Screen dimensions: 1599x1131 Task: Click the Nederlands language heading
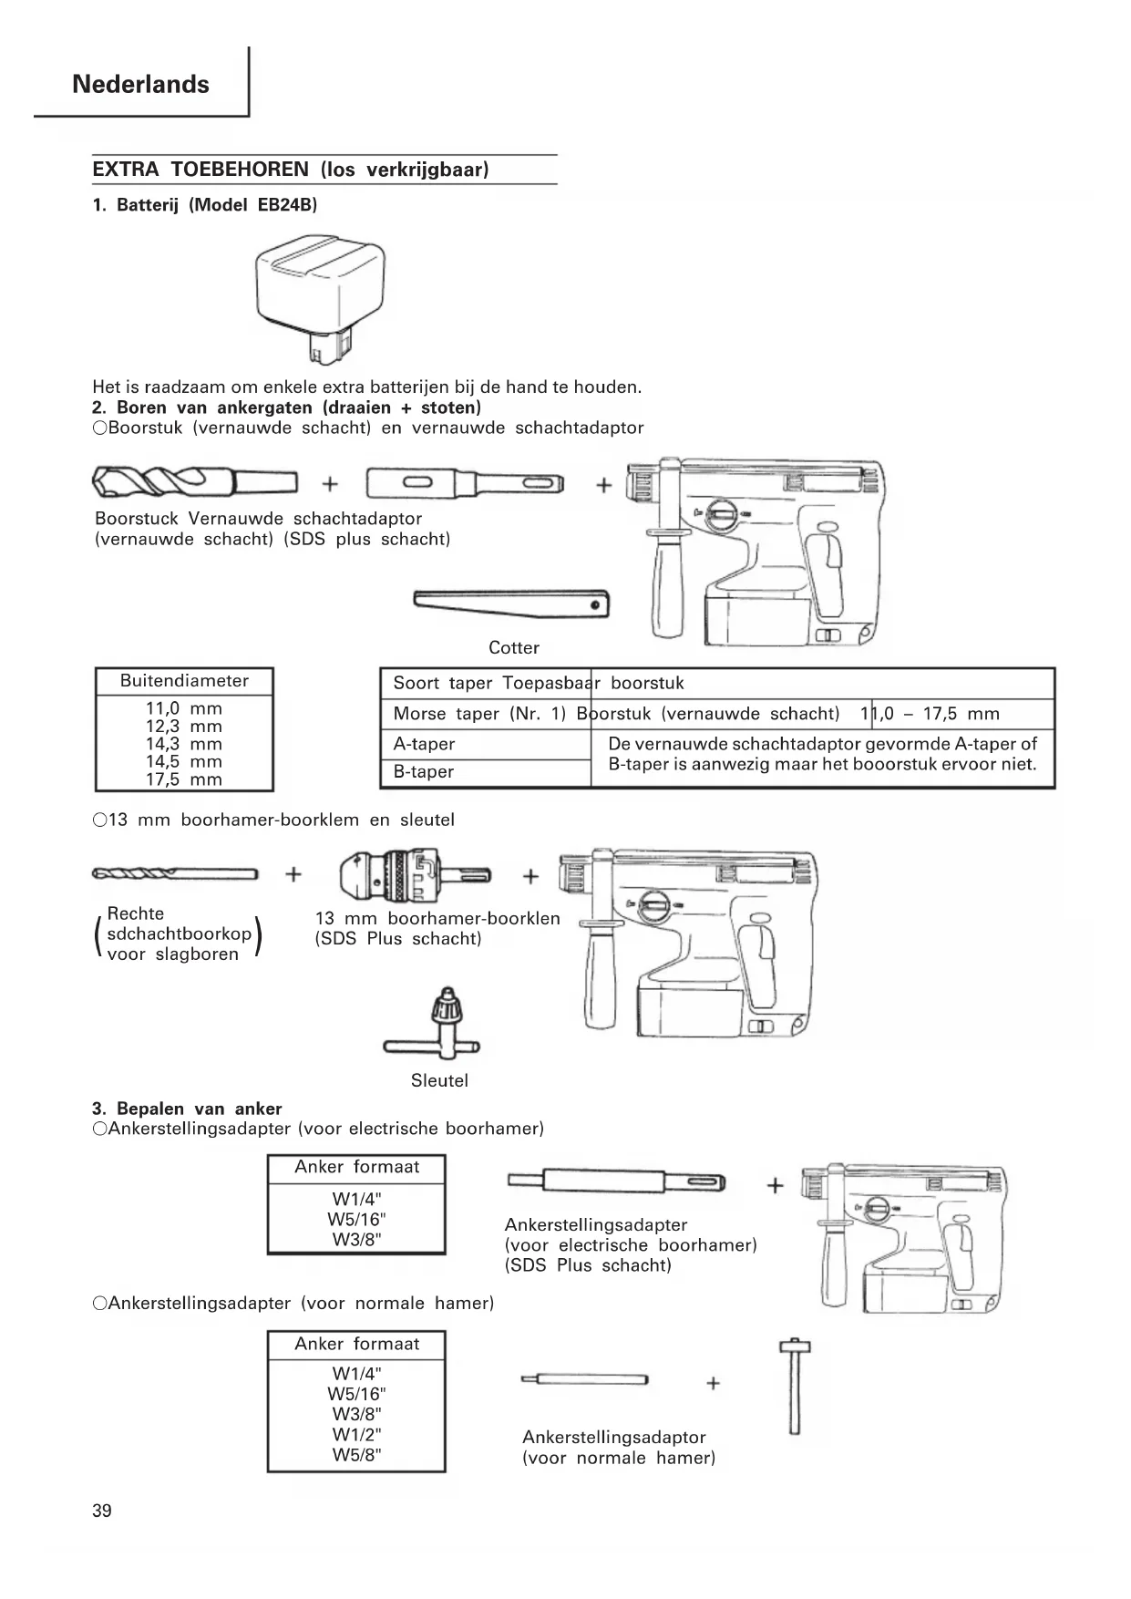[140, 85]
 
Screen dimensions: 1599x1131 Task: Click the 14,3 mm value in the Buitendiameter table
[184, 744]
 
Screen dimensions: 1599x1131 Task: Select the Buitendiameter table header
[184, 681]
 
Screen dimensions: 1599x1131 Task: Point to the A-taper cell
[424, 744]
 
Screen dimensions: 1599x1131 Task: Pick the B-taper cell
[424, 771]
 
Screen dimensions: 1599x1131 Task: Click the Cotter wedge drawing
[511, 603]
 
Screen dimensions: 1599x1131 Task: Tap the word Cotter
[514, 647]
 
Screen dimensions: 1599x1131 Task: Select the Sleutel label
[439, 1080]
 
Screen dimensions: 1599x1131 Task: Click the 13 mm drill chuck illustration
[415, 875]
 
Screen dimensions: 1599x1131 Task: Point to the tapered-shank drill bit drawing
[195, 481]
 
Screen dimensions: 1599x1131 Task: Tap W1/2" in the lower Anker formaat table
[356, 1434]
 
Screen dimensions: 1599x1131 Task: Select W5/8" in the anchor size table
[356, 1454]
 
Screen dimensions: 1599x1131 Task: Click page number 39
[102, 1511]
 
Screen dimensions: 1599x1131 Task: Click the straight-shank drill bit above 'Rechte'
[175, 874]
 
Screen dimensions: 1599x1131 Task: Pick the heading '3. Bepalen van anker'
[187, 1109]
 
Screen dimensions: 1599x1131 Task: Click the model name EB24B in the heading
[284, 205]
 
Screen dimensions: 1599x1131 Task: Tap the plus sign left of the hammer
[714, 1383]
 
